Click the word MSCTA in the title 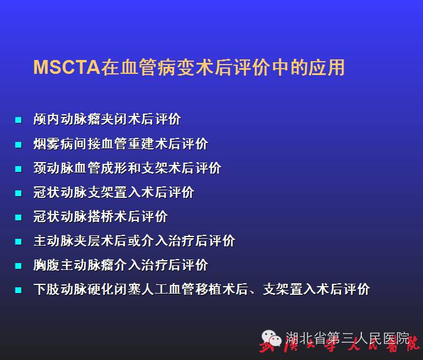[x=67, y=67]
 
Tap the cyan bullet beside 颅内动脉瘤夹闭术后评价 [x=18, y=120]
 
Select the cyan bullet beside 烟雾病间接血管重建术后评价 [x=18, y=144]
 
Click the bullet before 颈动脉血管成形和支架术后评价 [x=18, y=169]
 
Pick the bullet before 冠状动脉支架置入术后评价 [x=18, y=193]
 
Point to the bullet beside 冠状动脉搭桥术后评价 [x=18, y=217]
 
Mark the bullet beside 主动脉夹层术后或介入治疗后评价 [x=18, y=241]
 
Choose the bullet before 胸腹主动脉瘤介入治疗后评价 [x=18, y=266]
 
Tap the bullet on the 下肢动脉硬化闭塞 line [x=18, y=290]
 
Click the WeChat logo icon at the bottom [x=271, y=339]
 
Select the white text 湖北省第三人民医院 [x=348, y=338]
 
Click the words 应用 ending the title [x=327, y=67]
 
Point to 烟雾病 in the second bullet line [x=54, y=144]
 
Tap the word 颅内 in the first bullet [x=47, y=119]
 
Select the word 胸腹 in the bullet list [x=47, y=265]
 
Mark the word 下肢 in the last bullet [x=47, y=289]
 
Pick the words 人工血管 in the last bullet [x=168, y=289]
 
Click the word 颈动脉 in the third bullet [x=54, y=168]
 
